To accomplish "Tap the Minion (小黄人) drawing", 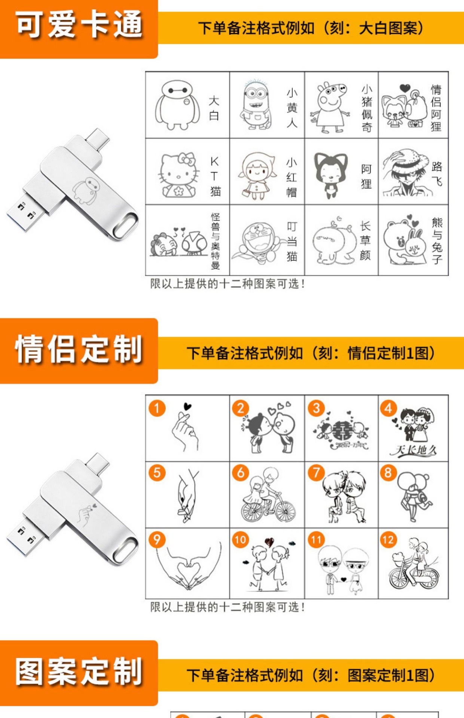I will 256,105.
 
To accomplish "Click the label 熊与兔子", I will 437,241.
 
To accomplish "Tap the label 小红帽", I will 291,177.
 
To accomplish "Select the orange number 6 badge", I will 241,473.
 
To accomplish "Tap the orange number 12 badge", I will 388,540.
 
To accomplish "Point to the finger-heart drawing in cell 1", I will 185,430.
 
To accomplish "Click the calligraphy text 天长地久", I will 413,450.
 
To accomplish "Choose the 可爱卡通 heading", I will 79,25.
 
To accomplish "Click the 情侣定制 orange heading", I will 79,350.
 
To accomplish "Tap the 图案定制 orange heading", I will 79,672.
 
